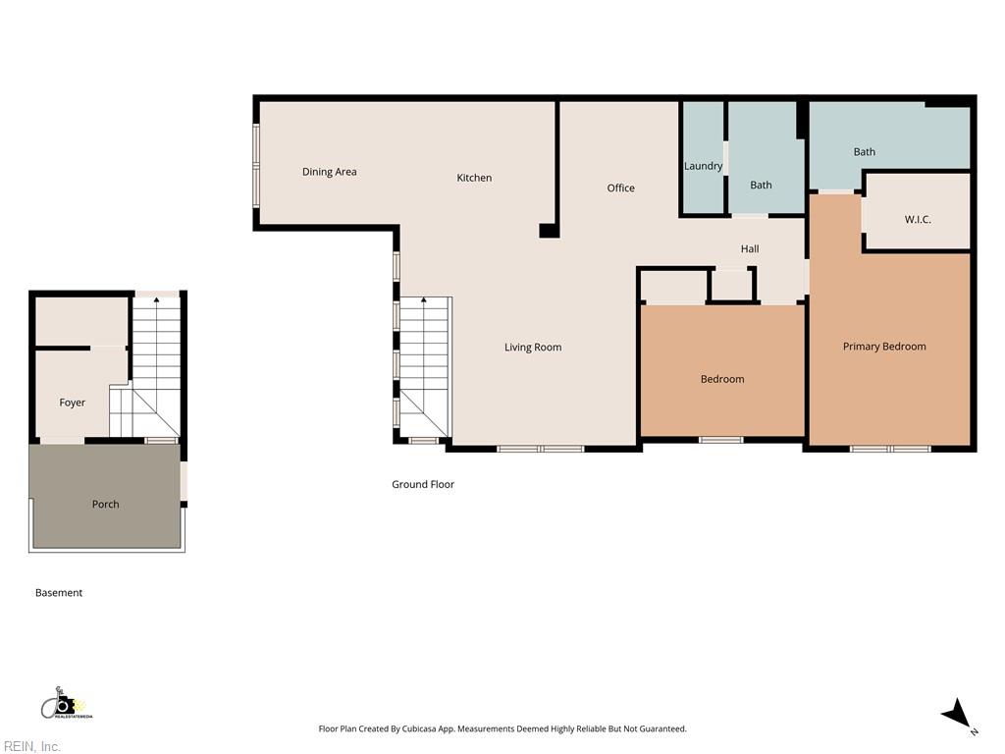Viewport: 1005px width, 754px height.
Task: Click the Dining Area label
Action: click(330, 172)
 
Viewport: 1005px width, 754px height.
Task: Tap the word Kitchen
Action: click(474, 178)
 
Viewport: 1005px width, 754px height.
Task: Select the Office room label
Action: click(621, 188)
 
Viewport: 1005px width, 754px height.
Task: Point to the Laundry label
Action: click(703, 166)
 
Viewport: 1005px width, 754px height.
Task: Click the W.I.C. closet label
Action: click(918, 219)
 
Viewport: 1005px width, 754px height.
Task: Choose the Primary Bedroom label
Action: click(884, 347)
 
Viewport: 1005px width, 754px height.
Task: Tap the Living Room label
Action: click(533, 348)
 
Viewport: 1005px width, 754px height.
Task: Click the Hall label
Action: click(750, 248)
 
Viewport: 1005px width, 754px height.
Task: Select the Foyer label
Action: click(73, 403)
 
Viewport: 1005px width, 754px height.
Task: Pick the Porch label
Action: click(106, 504)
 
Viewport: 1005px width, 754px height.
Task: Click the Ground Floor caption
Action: click(423, 484)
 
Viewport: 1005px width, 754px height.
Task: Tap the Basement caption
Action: click(59, 592)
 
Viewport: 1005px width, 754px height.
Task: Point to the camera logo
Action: click(66, 705)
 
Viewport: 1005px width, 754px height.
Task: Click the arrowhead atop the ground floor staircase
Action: click(424, 299)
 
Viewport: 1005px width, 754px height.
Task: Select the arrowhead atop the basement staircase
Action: click(156, 299)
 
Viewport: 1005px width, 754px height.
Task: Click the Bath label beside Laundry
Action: click(761, 186)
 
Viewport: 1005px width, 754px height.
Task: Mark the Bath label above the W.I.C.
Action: click(864, 152)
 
